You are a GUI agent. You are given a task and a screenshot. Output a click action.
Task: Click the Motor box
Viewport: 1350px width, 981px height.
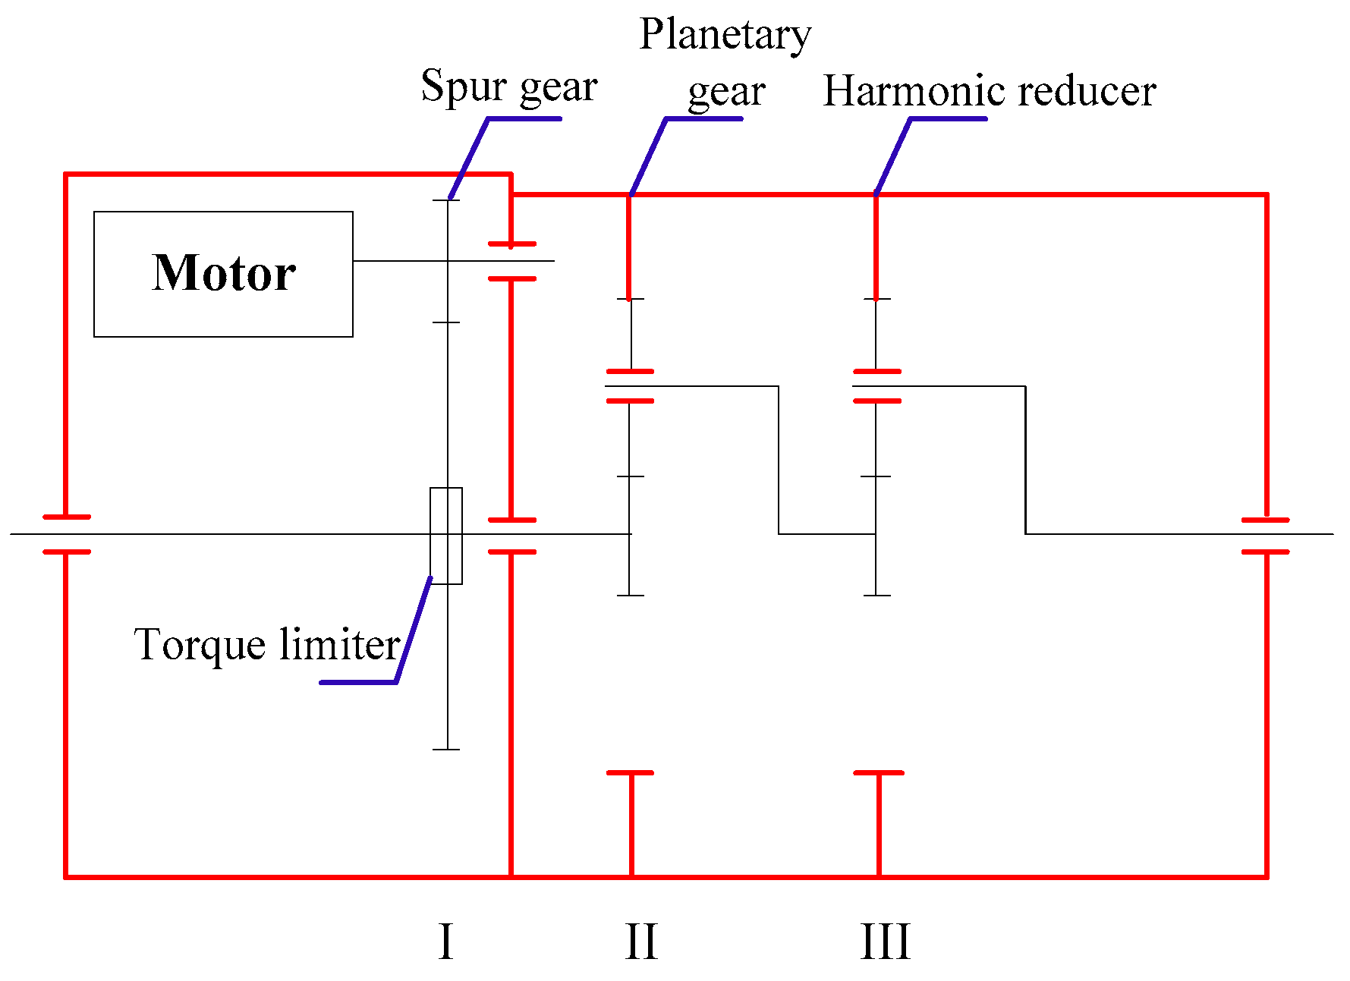tap(223, 273)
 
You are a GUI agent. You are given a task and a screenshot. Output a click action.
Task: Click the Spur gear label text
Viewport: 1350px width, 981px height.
tap(509, 86)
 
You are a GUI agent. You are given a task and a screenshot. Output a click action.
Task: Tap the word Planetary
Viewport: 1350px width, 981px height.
tap(725, 35)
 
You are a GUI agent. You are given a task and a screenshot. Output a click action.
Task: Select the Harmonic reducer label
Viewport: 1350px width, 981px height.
tap(989, 92)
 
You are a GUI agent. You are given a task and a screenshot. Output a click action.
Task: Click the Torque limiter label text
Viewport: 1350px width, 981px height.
tap(267, 645)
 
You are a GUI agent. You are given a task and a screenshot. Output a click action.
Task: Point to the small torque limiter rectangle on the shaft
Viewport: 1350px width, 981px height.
tap(446, 536)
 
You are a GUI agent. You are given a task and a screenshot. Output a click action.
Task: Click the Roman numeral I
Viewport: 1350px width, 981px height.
tap(446, 942)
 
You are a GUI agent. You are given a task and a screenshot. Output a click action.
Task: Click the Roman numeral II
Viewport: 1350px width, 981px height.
tap(641, 942)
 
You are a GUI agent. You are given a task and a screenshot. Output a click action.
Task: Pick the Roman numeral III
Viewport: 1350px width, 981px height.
tap(885, 942)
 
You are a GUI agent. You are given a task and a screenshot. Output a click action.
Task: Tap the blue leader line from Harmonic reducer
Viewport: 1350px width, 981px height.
tap(894, 156)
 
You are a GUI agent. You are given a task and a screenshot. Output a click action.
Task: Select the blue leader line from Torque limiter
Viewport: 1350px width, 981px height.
tap(414, 630)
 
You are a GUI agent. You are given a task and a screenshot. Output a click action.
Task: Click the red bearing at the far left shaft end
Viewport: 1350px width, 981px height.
tap(67, 534)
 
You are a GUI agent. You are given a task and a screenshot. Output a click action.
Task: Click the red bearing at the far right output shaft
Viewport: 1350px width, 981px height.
tap(1265, 536)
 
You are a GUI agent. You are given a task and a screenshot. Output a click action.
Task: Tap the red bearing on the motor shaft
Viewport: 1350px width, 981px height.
tap(511, 262)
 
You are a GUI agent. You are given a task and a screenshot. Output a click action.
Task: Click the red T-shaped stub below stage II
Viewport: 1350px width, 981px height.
tap(631, 819)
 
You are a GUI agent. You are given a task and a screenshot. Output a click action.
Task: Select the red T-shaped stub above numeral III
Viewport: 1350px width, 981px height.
tap(879, 819)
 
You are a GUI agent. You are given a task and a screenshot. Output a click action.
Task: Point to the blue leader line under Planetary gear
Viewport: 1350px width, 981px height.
tap(649, 156)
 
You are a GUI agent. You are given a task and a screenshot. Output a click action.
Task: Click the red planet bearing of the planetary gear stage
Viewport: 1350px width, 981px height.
tap(630, 386)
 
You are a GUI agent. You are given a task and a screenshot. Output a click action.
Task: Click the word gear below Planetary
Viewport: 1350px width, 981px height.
tap(726, 92)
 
